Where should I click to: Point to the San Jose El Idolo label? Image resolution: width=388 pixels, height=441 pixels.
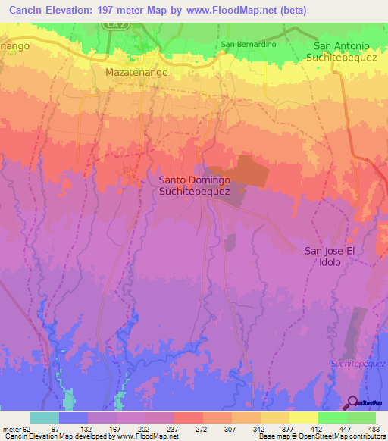330,256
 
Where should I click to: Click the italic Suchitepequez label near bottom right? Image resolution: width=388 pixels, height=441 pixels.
358,364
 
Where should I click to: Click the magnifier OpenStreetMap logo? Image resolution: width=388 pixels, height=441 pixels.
352,402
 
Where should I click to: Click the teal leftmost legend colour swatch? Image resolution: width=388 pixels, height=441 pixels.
45,418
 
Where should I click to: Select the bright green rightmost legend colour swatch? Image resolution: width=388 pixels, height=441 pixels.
361,418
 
